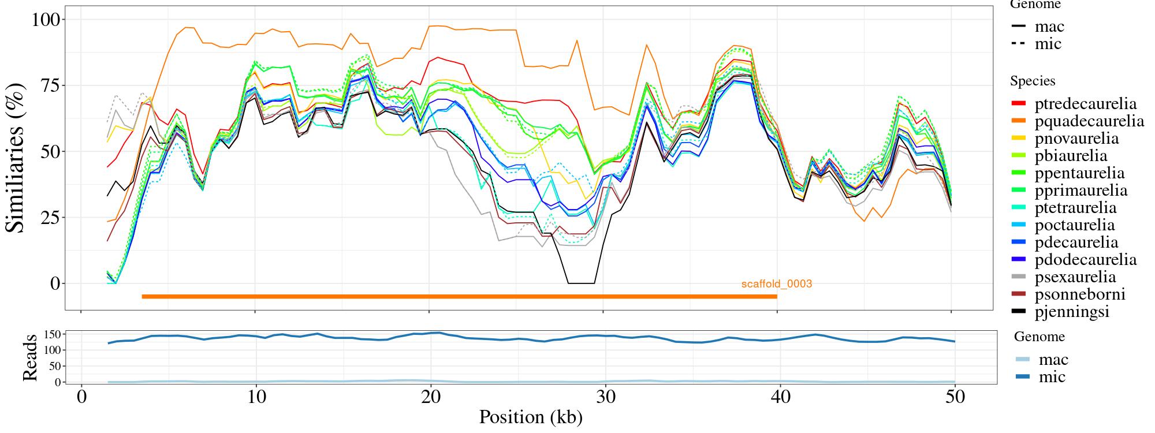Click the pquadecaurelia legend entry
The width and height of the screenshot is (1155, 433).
click(x=1089, y=121)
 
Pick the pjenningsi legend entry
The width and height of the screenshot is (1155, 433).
click(x=1072, y=312)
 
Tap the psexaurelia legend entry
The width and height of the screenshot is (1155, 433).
click(x=1075, y=277)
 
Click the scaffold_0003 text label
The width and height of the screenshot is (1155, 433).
click(x=777, y=284)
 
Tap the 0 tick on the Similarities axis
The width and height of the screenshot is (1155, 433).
click(x=55, y=283)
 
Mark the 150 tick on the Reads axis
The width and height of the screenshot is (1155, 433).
click(x=53, y=334)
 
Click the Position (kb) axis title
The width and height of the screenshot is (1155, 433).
click(x=530, y=417)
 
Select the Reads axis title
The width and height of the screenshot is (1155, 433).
click(x=30, y=357)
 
